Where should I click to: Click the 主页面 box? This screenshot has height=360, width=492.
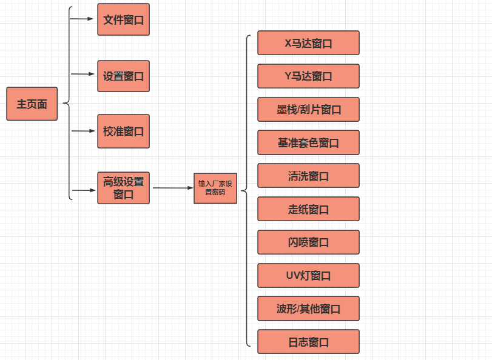32,104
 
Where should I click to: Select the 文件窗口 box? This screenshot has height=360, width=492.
123,19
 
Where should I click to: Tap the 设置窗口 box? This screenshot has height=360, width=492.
123,76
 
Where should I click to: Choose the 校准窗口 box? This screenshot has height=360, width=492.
123,131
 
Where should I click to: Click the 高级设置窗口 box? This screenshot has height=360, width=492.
123,188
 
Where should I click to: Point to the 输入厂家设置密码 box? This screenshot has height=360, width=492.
215,187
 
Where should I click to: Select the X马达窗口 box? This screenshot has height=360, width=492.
308,43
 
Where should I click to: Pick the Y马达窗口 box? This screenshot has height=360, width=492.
308,76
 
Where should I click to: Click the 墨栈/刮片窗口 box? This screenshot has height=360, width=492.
308,109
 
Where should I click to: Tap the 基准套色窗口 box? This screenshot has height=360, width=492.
308,142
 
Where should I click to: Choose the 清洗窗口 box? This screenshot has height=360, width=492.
308,176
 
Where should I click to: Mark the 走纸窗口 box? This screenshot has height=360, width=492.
308,209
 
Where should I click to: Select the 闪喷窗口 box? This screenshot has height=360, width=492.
308,242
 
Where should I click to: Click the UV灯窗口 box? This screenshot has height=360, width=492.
308,275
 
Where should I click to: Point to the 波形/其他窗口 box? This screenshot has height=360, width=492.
308,308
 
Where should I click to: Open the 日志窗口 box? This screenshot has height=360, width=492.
308,342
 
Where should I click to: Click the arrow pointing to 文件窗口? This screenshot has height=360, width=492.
83,19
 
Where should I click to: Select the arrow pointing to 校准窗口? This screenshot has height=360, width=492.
83,130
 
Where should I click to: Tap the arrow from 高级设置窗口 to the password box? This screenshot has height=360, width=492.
172,188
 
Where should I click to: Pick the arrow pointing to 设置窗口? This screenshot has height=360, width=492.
83,74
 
